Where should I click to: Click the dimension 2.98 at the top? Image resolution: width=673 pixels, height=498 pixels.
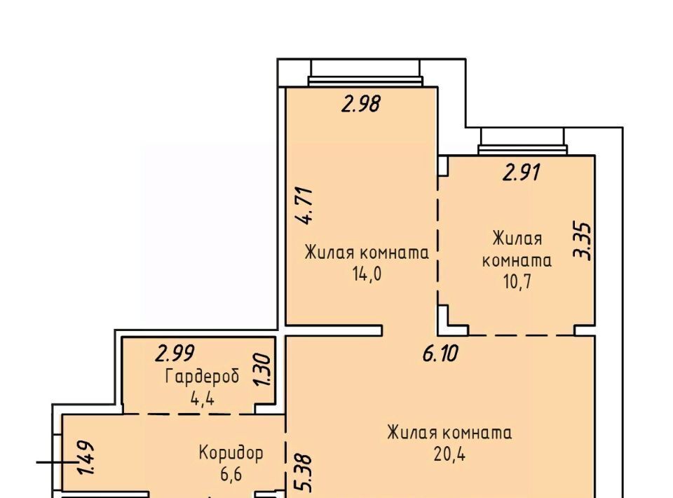tap(361, 104)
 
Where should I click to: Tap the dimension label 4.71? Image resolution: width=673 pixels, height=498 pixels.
tap(307, 206)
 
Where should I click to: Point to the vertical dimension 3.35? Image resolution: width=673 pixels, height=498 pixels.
tap(583, 241)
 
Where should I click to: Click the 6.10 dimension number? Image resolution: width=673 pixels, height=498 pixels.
tap(440, 354)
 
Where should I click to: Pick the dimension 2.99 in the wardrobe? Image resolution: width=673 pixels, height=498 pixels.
tap(175, 354)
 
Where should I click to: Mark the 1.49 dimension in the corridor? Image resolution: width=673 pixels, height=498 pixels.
tap(85, 457)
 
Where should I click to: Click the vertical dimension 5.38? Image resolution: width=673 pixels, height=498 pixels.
tap(304, 473)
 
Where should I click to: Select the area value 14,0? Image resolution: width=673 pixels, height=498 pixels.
tap(367, 274)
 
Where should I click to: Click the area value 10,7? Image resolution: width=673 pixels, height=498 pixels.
tap(517, 282)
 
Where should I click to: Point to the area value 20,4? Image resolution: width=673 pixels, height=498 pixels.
tap(449, 455)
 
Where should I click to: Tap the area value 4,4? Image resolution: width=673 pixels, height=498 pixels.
tap(202, 399)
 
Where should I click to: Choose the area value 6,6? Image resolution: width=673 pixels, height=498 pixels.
tap(231, 474)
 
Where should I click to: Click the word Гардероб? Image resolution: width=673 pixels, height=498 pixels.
tap(202, 377)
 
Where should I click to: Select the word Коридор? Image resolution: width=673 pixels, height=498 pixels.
tap(231, 452)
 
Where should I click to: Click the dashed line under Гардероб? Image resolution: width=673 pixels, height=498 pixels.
tap(189, 415)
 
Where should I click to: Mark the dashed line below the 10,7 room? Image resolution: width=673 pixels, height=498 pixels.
tap(522, 335)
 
